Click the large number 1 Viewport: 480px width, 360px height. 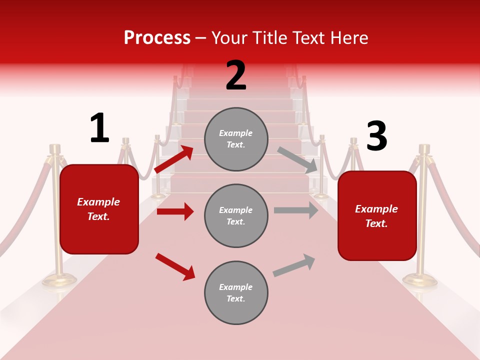[x=99, y=128]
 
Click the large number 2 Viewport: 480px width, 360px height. [x=236, y=76]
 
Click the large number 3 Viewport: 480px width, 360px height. [x=376, y=136]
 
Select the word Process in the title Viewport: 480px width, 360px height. [x=157, y=37]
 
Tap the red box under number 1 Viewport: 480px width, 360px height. [x=99, y=209]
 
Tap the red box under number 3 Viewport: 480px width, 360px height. [x=377, y=215]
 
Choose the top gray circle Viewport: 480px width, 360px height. [x=236, y=139]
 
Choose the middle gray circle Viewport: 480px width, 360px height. [x=236, y=215]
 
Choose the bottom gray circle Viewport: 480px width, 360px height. [x=236, y=292]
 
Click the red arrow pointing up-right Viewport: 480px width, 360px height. [x=174, y=159]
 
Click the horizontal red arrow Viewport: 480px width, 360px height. [x=175, y=211]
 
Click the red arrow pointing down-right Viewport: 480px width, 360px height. [x=175, y=266]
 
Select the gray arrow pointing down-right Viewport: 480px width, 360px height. [x=297, y=160]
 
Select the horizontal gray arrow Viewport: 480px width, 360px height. [x=296, y=210]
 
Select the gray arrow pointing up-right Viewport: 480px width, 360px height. [x=294, y=265]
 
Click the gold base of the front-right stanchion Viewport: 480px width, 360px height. [x=420, y=280]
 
